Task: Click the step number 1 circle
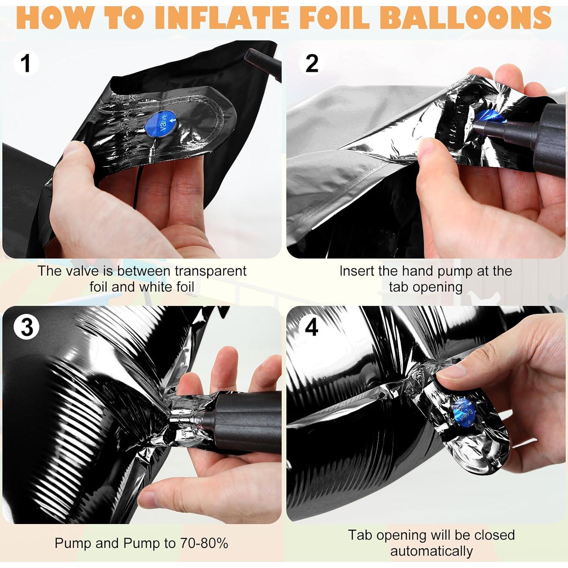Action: [x=26, y=63]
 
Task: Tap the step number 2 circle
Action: [x=312, y=63]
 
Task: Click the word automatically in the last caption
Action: [x=432, y=551]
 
